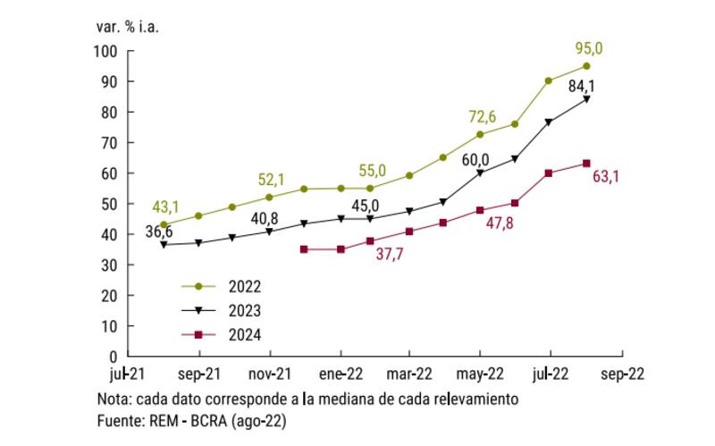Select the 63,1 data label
click(x=605, y=176)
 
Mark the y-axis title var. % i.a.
click(x=126, y=25)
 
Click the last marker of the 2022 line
click(x=586, y=66)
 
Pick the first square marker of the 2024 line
click(x=304, y=249)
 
